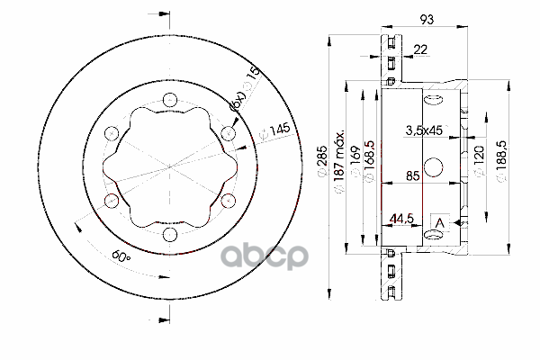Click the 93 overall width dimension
click(427, 19)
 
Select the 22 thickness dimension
click(420, 50)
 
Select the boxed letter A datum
click(439, 222)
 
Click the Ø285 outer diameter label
click(324, 164)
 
